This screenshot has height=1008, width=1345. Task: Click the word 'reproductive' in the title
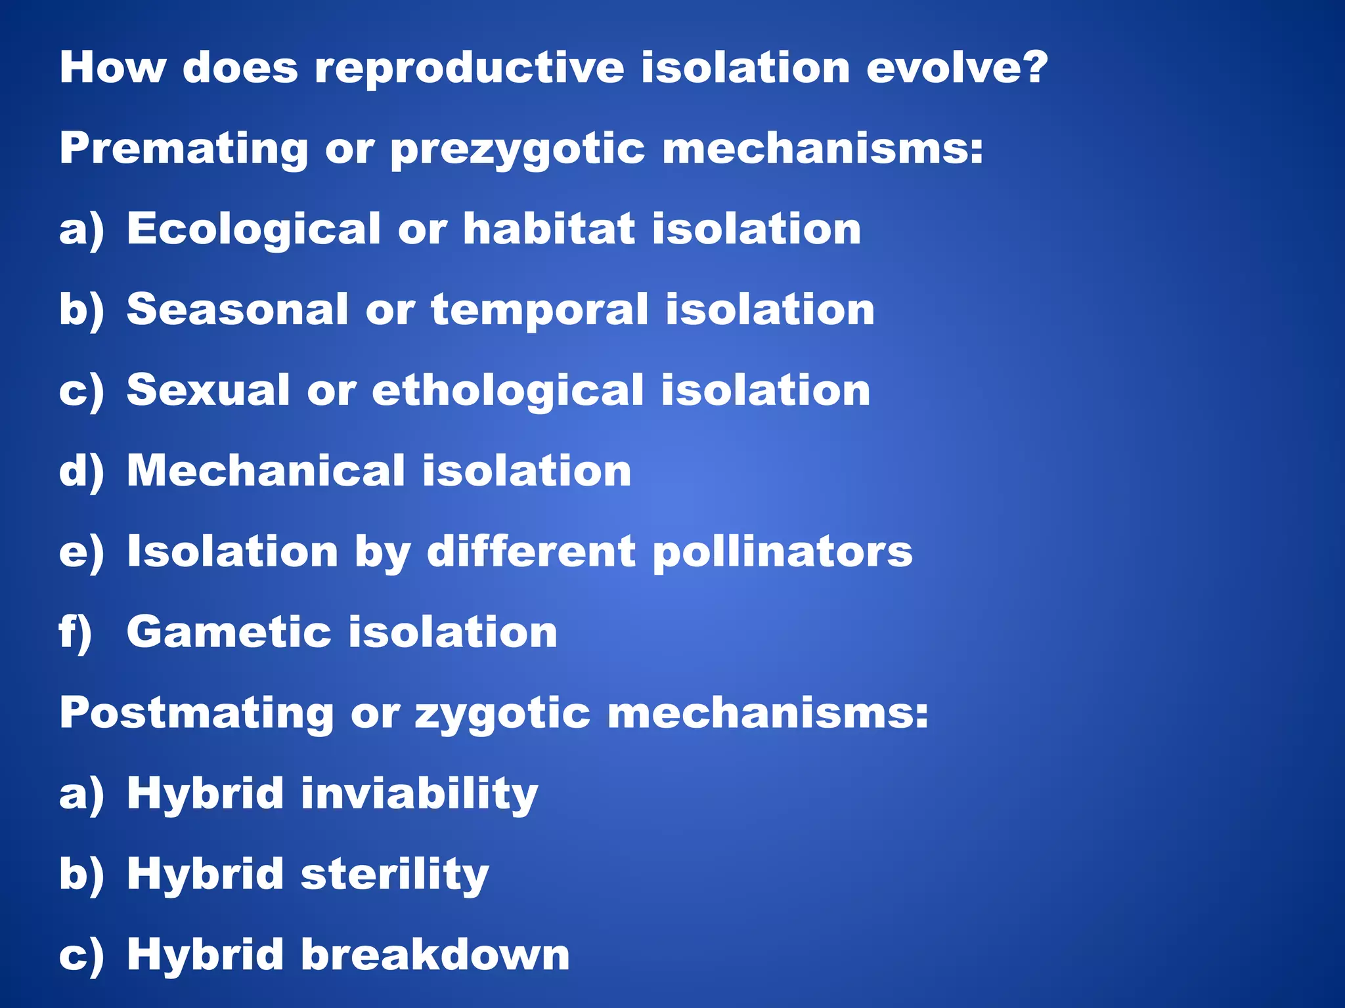coord(469,68)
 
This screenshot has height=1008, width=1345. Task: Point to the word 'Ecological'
coord(254,230)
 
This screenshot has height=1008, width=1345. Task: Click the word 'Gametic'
coord(229,632)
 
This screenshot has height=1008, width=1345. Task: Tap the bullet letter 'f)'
coord(75,633)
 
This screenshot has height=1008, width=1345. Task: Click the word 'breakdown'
coord(435,955)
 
